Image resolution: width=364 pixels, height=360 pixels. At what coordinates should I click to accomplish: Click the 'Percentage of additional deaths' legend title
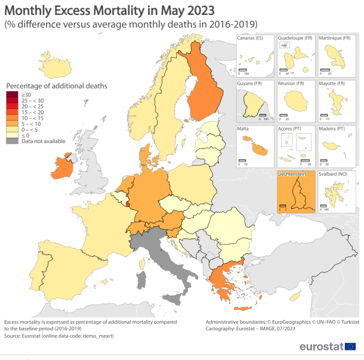point(56,86)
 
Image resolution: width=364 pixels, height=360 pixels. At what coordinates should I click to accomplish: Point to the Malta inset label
point(244,129)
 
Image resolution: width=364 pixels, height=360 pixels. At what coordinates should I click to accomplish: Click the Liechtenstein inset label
point(292,174)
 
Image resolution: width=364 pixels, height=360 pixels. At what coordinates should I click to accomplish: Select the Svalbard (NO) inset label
point(333,174)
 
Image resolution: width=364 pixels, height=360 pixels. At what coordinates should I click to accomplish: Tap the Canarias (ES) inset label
point(251,38)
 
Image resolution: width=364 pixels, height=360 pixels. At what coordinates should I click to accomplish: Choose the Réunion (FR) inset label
point(291,83)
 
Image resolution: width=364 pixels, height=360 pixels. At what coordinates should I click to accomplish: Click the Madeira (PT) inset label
point(332,129)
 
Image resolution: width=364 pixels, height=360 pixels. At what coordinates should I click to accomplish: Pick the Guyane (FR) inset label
point(250,83)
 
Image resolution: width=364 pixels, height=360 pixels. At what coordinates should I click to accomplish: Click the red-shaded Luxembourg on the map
point(126,203)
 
